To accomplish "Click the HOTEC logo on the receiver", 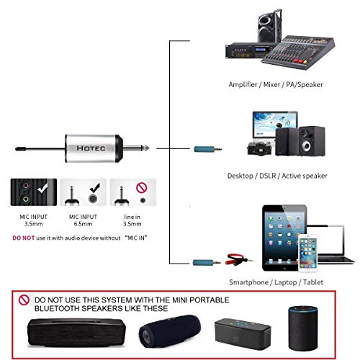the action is click(x=91, y=148).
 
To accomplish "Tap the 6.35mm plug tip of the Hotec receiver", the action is click(x=147, y=148).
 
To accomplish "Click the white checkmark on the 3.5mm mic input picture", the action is click(x=43, y=187).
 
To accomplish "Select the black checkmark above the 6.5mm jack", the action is click(x=95, y=188).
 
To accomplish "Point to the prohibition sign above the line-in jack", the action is click(x=142, y=188).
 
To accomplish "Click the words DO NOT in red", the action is click(x=24, y=238).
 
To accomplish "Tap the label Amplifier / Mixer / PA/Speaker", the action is click(x=276, y=84).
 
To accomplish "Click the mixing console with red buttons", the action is click(x=298, y=53).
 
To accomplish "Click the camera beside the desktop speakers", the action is click(x=259, y=149).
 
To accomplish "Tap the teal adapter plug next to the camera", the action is click(x=207, y=149).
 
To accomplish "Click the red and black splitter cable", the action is click(x=239, y=258).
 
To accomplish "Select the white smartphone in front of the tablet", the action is click(x=308, y=253).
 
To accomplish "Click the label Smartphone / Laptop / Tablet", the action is click(x=276, y=282).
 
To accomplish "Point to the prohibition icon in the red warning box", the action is click(x=24, y=300).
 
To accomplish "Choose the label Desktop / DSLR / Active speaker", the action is click(x=277, y=176).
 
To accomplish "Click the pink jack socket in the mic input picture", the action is click(x=26, y=186).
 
